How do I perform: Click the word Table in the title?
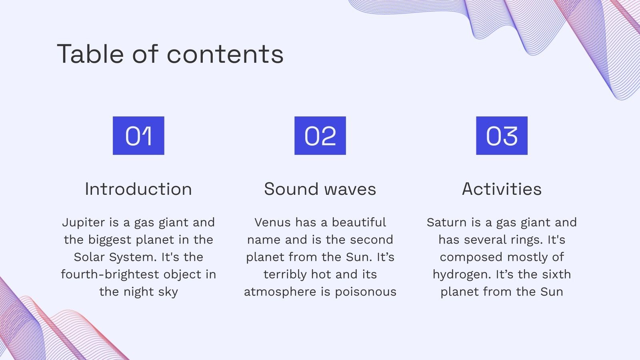point(90,54)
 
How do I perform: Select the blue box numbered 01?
point(138,136)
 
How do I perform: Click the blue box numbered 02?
point(320,136)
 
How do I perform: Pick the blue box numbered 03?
point(502,136)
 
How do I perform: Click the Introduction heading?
point(138,189)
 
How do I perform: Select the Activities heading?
point(502,189)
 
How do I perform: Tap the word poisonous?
point(366,292)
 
